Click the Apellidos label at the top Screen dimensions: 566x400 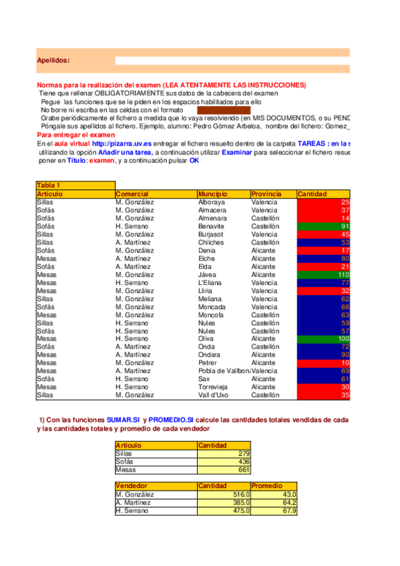pyautogui.click(x=53, y=61)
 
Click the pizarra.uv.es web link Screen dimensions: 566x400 pyautogui.click(x=122, y=144)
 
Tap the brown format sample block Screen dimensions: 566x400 pyautogui.click(x=223, y=110)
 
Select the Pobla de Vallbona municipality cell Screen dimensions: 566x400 pyautogui.click(x=223, y=370)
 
